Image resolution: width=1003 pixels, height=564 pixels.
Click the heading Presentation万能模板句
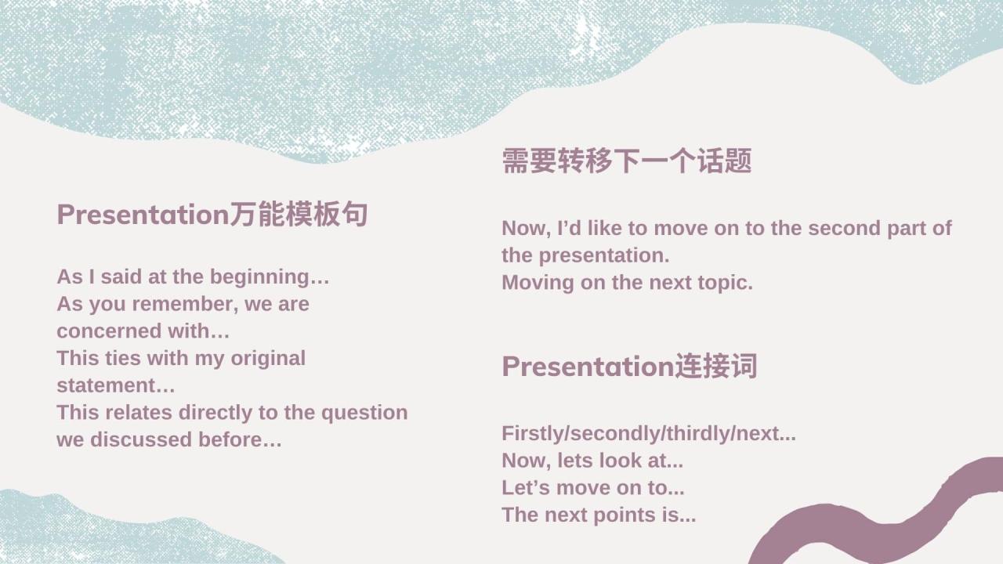pyautogui.click(x=212, y=215)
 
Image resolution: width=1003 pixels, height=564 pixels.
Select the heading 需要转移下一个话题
pyautogui.click(x=626, y=161)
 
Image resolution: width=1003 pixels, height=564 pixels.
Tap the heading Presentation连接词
pyautogui.click(x=629, y=367)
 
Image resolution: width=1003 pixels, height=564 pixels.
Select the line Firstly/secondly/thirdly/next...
pyautogui.click(x=648, y=433)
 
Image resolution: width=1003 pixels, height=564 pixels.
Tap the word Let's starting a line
pyautogui.click(x=525, y=487)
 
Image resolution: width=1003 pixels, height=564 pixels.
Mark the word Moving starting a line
pyautogui.click(x=538, y=282)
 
